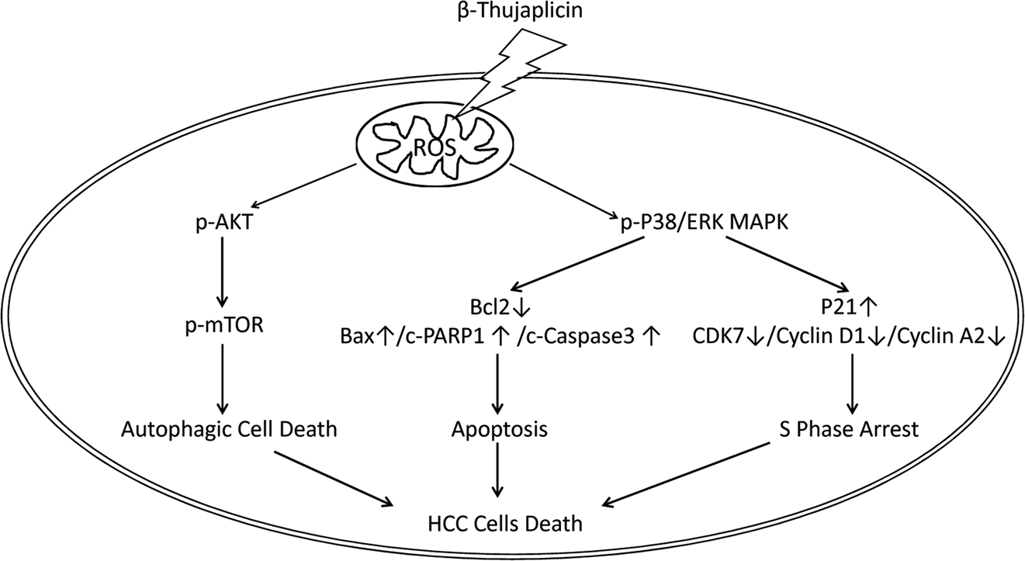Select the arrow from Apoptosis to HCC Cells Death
click(x=497, y=472)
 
